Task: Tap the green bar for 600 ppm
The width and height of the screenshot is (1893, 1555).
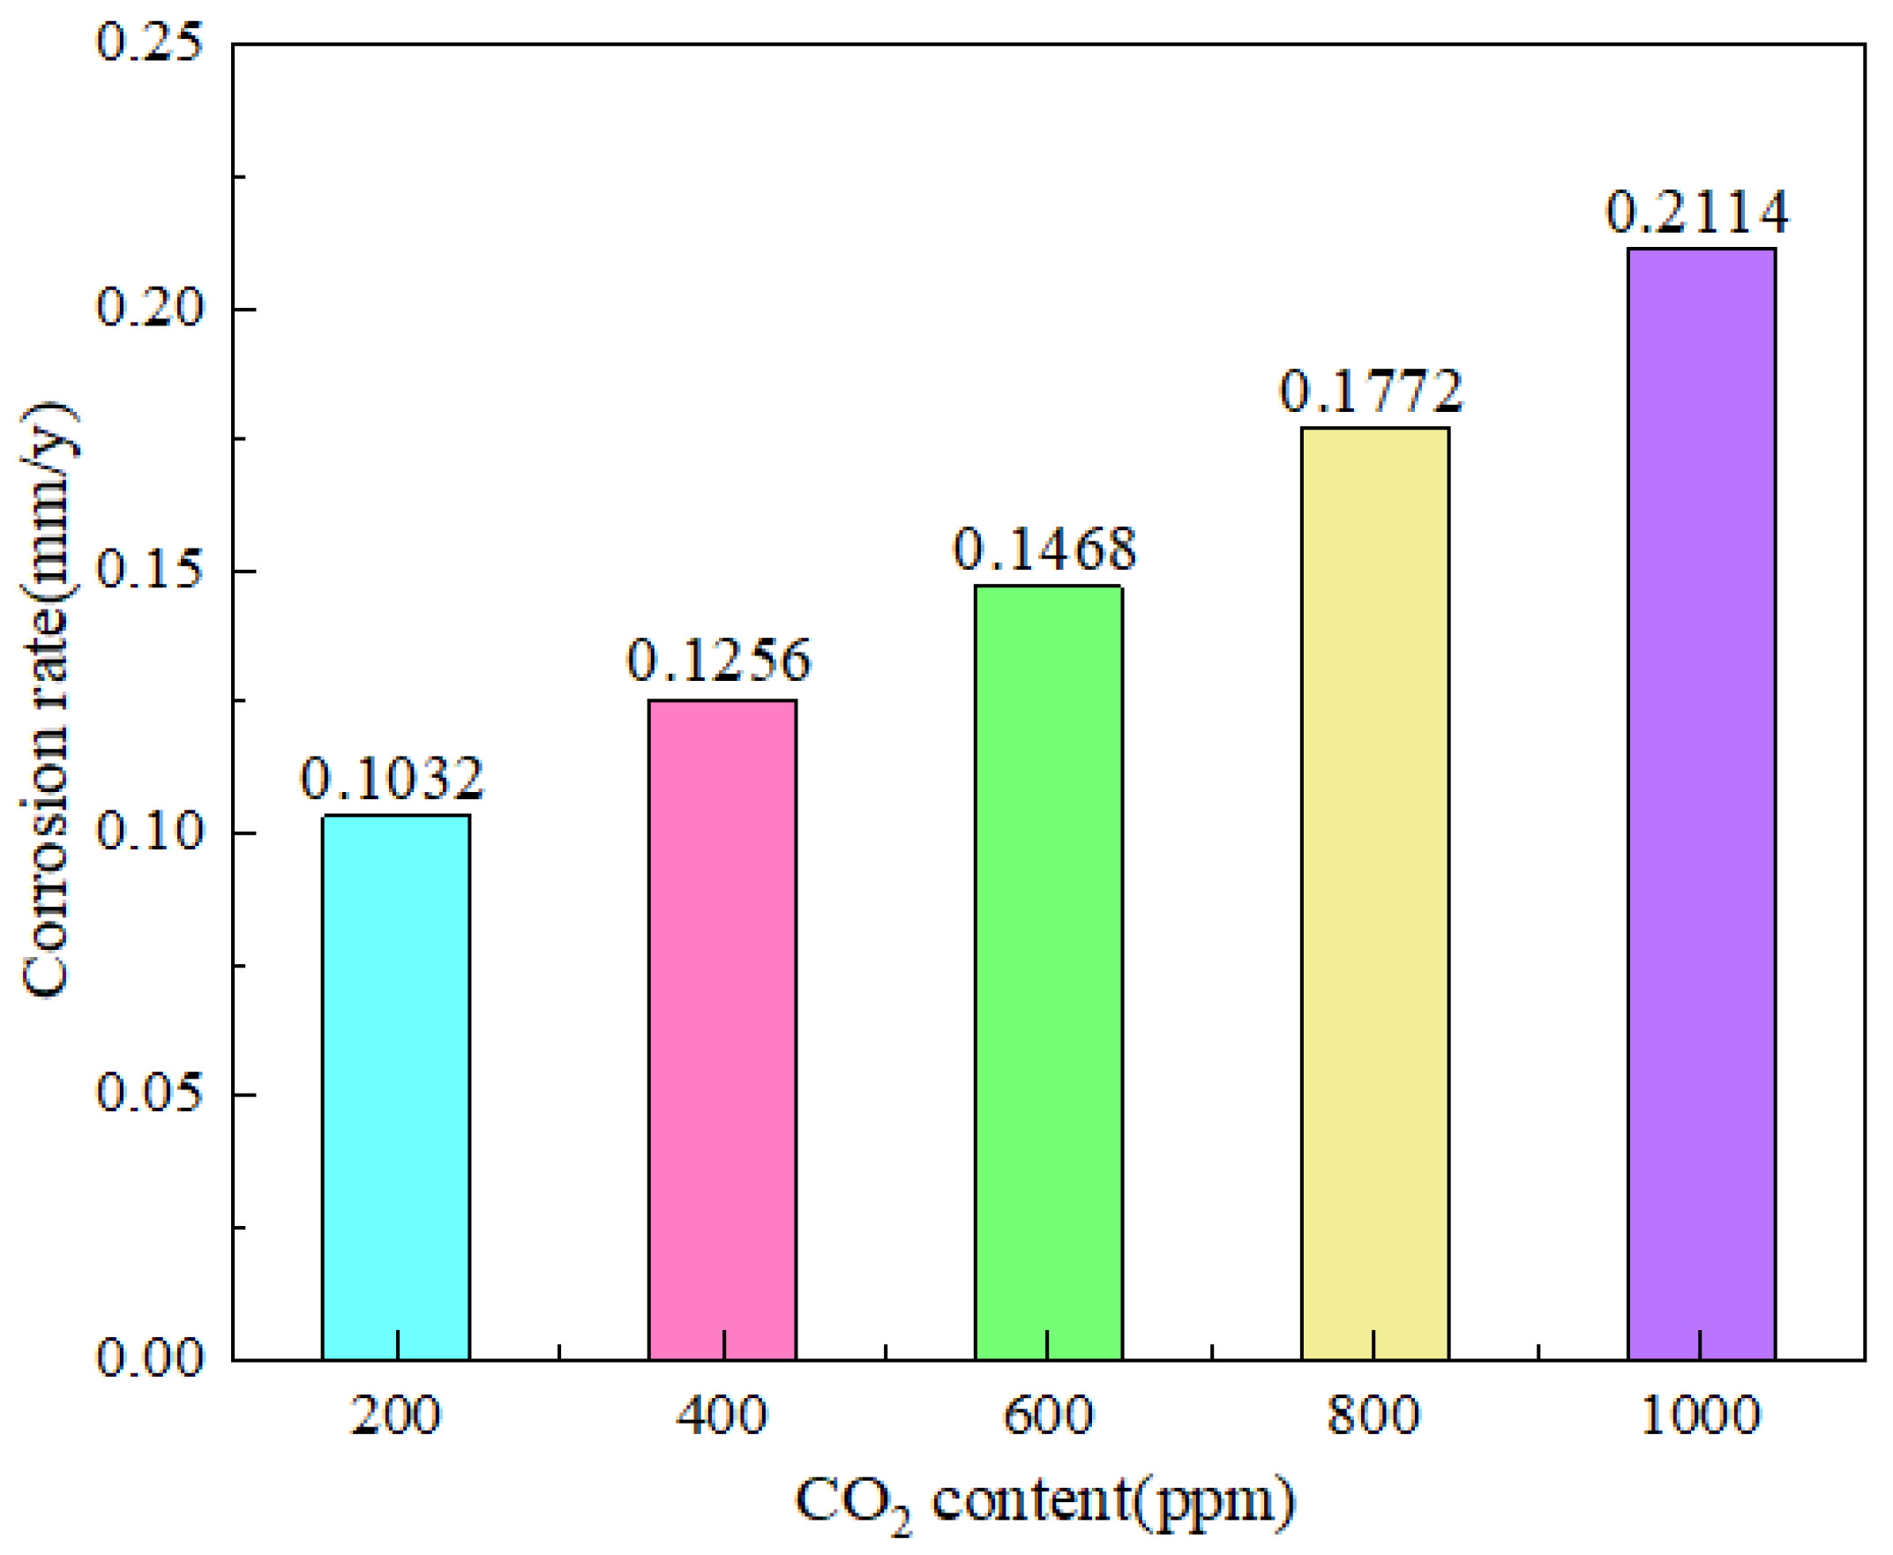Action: pos(1048,971)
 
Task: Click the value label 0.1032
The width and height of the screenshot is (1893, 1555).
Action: pos(392,778)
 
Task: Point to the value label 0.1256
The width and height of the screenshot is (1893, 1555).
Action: pos(719,660)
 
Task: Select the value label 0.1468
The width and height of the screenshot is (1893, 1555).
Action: pos(1044,549)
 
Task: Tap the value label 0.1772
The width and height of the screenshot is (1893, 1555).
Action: pos(1371,391)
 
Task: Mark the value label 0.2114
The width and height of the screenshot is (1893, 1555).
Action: pos(1697,213)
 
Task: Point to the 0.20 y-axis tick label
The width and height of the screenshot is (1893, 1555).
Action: pos(150,308)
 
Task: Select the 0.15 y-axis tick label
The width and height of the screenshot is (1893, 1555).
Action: pos(150,571)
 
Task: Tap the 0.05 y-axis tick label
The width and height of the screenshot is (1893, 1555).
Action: pos(150,1094)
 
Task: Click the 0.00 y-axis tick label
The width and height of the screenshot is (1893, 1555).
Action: pos(150,1358)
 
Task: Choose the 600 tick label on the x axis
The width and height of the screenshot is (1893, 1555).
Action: pos(1048,1417)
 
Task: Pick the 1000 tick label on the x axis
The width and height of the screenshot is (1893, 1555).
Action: pos(1701,1417)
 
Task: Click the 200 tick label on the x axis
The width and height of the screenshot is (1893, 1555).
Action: pos(395,1417)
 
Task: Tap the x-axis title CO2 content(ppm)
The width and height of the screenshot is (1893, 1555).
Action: pos(1044,1502)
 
